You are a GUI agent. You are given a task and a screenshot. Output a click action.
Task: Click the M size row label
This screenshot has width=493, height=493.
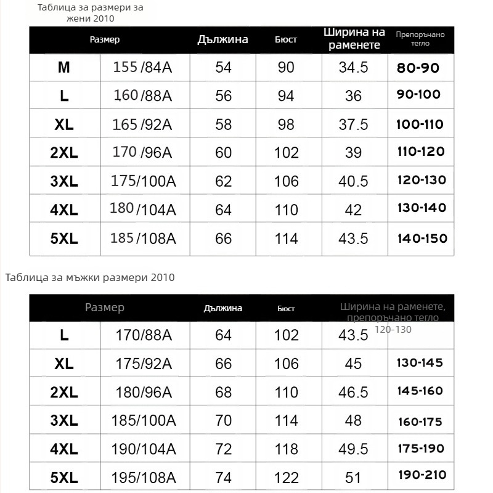coord(64,67)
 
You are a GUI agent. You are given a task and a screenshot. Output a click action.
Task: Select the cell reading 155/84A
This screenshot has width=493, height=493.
coord(142,67)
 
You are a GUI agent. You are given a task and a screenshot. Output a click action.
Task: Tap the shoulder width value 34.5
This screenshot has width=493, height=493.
coord(353,67)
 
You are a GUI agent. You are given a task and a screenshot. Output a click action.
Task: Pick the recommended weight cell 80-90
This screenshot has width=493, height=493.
coord(418,67)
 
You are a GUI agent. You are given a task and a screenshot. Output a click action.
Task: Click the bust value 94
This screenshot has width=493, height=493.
coord(286,96)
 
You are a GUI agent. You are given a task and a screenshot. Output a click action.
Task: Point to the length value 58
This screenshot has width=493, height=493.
coord(223,124)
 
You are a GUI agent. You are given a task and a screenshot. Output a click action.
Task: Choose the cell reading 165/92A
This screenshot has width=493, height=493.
coord(142,124)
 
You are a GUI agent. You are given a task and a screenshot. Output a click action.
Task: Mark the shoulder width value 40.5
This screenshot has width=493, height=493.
coord(353,181)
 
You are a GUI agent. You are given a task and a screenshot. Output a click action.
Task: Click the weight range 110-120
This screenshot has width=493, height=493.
coord(421,152)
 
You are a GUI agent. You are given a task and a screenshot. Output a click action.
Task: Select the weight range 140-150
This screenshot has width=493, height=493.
coord(422,238)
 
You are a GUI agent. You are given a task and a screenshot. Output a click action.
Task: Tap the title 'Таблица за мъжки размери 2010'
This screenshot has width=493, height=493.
coord(90,277)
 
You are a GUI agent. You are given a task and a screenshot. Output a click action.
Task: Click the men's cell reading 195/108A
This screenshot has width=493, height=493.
coord(144,478)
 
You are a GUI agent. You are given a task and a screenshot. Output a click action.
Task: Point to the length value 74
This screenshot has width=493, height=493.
coord(223,478)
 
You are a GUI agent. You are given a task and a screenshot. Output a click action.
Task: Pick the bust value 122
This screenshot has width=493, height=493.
coord(286,478)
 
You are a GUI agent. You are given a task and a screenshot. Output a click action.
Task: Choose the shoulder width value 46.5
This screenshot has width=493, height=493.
coord(353,393)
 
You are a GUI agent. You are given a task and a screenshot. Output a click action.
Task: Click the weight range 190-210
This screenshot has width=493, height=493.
coord(422,475)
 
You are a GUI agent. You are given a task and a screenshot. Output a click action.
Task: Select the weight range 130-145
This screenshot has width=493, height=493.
coord(420,363)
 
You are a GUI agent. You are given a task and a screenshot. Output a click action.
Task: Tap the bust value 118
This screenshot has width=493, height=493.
coord(286,449)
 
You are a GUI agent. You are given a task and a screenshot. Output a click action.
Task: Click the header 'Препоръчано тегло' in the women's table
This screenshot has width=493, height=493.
coord(420,39)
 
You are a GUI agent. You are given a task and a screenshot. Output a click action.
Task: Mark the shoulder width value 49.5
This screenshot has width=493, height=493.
coord(353,449)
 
